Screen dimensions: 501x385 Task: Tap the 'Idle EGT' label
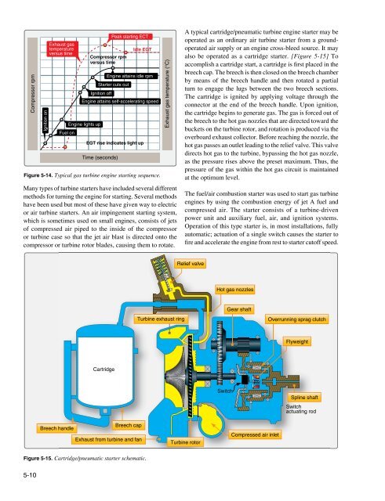(142, 49)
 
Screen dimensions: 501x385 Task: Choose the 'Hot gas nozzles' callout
(234, 290)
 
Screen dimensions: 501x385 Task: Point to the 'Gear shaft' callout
(238, 309)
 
